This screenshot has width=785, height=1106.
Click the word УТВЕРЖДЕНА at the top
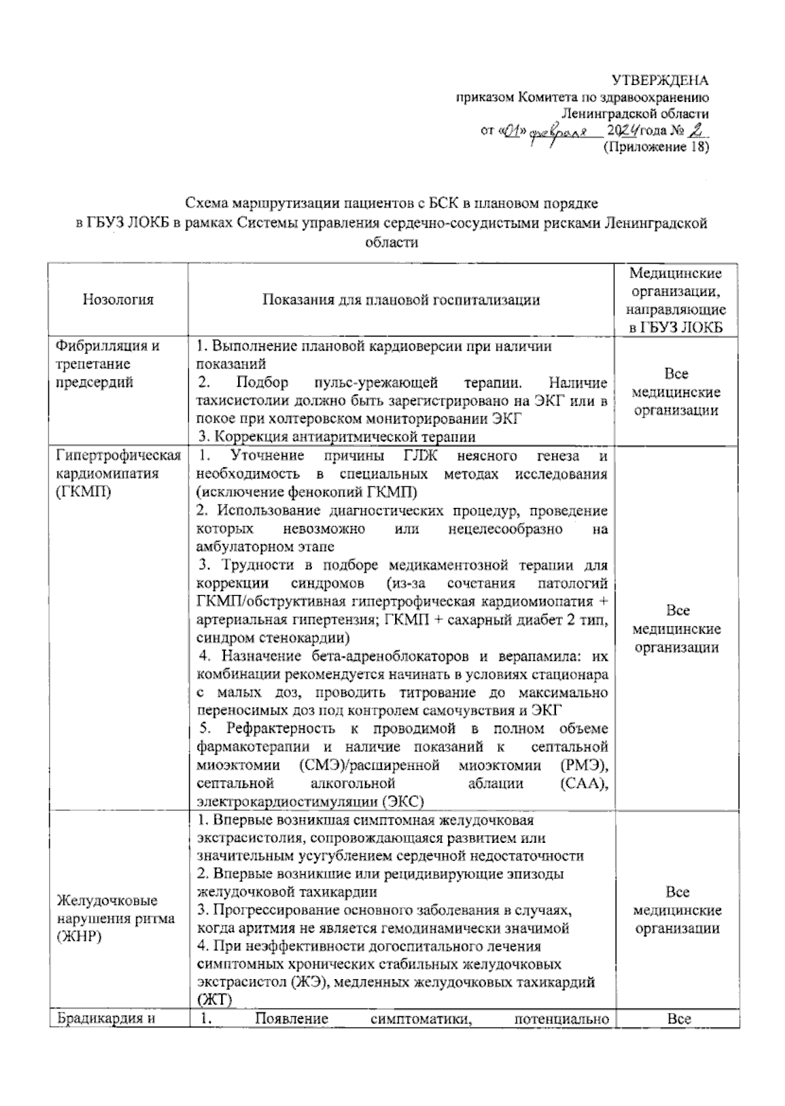click(659, 80)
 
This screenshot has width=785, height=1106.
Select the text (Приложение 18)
click(655, 147)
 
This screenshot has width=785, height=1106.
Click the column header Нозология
click(118, 300)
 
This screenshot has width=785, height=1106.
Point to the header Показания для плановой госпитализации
click(401, 300)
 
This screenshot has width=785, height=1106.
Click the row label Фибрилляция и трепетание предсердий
click(109, 364)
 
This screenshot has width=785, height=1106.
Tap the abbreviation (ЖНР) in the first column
click(79, 937)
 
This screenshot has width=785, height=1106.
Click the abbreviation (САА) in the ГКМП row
click(584, 783)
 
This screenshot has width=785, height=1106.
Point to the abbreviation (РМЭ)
click(584, 765)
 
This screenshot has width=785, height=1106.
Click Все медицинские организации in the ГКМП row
click(677, 629)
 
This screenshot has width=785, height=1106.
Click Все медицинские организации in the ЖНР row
click(677, 910)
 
